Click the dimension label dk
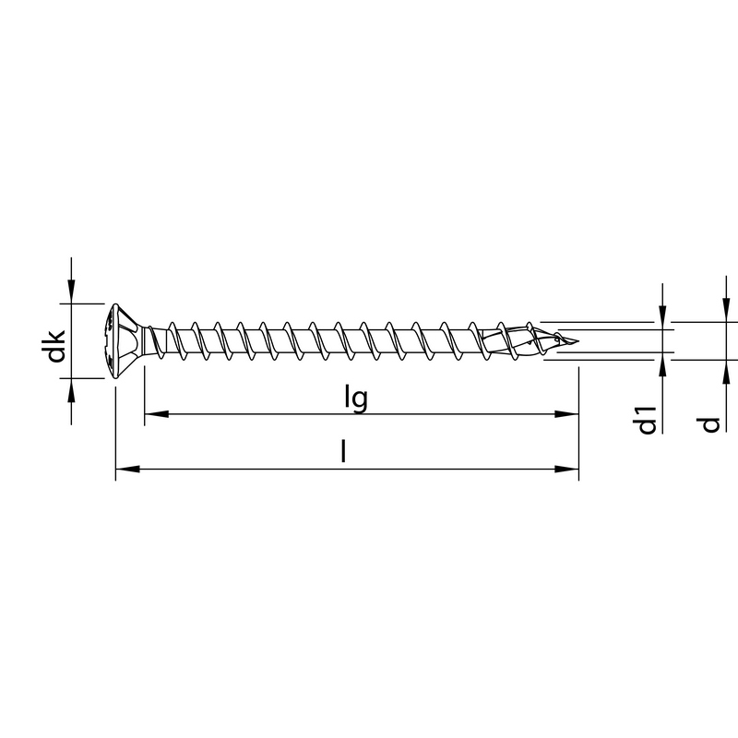tap(56, 342)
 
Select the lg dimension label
tap(356, 398)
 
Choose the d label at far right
tap(708, 423)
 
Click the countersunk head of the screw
tap(120, 339)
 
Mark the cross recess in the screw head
tap(113, 339)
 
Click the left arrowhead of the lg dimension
tap(152, 415)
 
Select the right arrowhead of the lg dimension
tap(570, 415)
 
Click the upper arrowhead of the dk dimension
tap(71, 294)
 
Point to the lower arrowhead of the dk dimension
tap(71, 387)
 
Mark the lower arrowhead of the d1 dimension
tap(662, 363)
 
